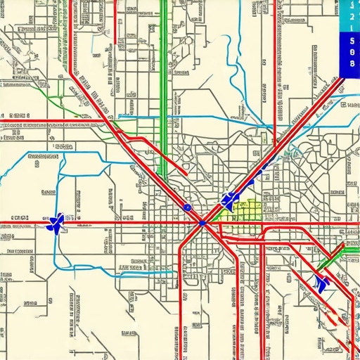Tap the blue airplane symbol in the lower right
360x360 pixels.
point(322,283)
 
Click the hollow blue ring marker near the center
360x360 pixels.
point(187,207)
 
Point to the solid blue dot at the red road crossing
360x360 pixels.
point(202,223)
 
